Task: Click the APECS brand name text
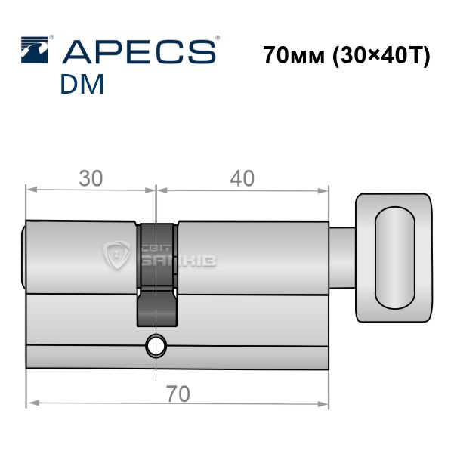pyautogui.click(x=139, y=52)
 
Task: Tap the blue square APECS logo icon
pyautogui.click(x=35, y=50)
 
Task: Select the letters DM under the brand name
pyautogui.click(x=82, y=84)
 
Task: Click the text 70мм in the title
pyautogui.click(x=294, y=55)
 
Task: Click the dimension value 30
pyautogui.click(x=91, y=178)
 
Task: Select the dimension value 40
pyautogui.click(x=242, y=178)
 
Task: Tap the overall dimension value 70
pyautogui.click(x=178, y=394)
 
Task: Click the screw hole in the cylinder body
pyautogui.click(x=156, y=346)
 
